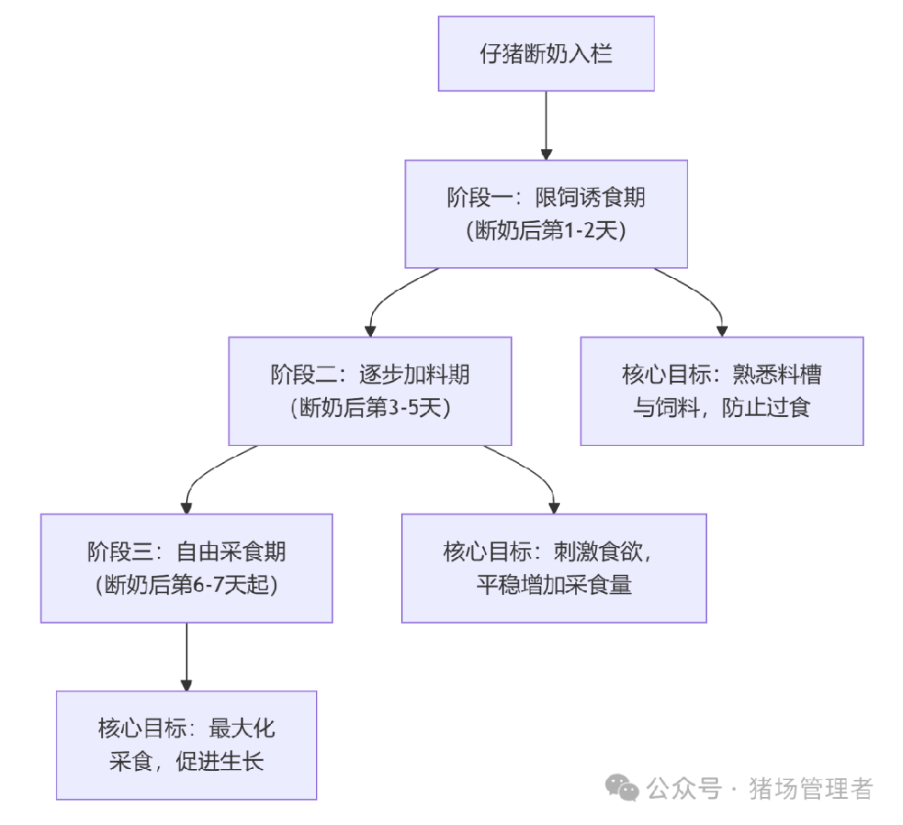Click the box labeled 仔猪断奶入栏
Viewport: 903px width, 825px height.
(x=545, y=53)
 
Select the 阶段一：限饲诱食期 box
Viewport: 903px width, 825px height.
(x=545, y=214)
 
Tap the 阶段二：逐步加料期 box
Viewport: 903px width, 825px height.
(x=369, y=391)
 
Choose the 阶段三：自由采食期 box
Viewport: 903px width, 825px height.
(x=186, y=568)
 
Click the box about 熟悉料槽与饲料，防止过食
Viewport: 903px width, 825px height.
(x=721, y=391)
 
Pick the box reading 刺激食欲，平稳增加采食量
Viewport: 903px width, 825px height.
(x=554, y=568)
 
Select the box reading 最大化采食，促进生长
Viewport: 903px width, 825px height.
(x=186, y=745)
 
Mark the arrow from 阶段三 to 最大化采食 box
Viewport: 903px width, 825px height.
(x=186, y=656)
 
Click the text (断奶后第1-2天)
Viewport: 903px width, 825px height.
(x=545, y=231)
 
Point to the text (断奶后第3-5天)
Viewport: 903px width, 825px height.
(x=369, y=408)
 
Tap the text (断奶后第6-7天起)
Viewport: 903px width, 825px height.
(x=186, y=585)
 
